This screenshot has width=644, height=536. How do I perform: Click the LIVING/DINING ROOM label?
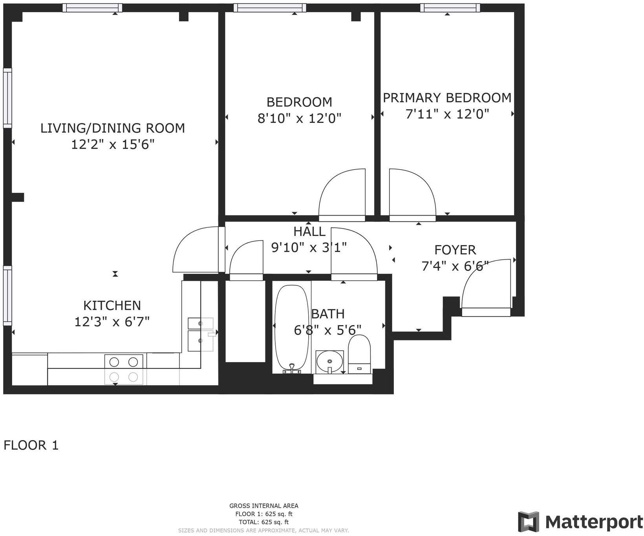coord(113,128)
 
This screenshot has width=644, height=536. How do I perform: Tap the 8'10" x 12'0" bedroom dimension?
coord(299,118)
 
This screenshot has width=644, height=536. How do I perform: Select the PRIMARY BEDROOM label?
coord(447,97)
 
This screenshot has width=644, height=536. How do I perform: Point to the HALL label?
coord(309,231)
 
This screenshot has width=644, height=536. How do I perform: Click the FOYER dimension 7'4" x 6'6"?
coord(455,266)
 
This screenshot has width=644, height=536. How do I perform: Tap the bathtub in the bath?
coord(291,328)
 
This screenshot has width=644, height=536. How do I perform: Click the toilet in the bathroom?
coord(360,353)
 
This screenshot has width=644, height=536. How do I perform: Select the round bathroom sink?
coord(329,361)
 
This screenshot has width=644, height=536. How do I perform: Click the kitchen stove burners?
coord(124,369)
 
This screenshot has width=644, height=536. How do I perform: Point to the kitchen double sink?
coord(200,334)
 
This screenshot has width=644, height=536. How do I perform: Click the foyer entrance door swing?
coord(486,285)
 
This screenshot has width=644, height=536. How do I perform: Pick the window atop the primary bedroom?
coord(450,7)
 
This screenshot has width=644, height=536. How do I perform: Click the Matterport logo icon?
coord(528,522)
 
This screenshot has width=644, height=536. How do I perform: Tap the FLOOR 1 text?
coord(31,445)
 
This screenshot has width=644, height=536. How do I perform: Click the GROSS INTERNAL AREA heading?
coord(263,506)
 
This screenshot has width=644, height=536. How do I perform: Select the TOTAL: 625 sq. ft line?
coord(263,522)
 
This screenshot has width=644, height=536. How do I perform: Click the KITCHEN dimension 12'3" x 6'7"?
coord(112,322)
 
